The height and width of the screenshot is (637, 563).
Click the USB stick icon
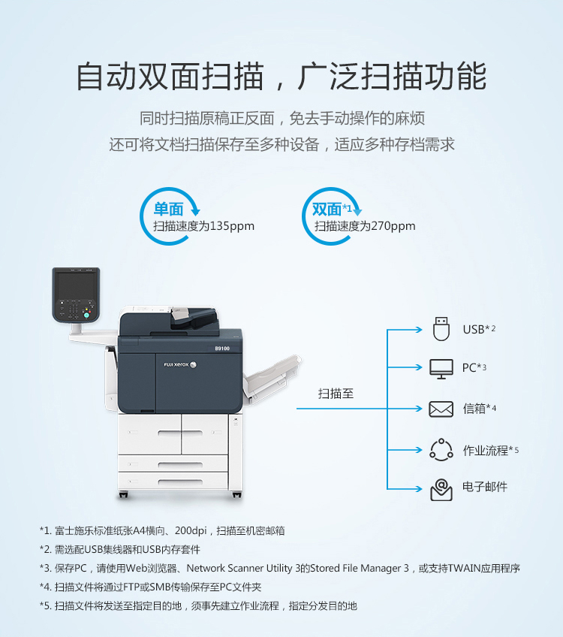coord(441,329)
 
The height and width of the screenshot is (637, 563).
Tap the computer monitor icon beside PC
coord(441,369)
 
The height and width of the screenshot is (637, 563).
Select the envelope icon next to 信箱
coord(441,409)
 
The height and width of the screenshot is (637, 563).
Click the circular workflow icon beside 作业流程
coord(441,450)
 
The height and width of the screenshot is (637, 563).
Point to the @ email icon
coord(441,490)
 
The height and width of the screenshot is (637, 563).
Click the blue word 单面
coord(168,210)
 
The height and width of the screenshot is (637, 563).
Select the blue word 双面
coord(327,210)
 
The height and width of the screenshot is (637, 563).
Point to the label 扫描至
coord(336,394)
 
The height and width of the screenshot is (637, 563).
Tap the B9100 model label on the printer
coord(222,349)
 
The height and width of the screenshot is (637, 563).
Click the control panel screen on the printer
coord(76,285)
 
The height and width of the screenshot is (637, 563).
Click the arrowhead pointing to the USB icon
coord(420,330)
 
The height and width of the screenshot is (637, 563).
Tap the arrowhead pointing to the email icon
coord(420,489)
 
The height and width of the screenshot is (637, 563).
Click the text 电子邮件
coord(485,487)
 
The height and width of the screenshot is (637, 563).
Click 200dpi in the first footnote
coord(191,530)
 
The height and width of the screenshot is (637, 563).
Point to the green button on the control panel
coord(86,315)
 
